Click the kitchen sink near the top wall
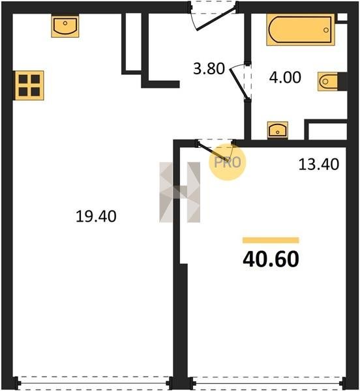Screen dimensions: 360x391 pos(65,26)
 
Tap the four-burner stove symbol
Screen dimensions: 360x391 pos(29,85)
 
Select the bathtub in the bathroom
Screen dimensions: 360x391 pos(301,30)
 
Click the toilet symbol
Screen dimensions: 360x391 pos(328,81)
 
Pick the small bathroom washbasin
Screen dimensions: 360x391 pos(277,130)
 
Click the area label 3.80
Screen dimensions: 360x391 pos(209,69)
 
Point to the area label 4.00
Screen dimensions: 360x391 pos(285,78)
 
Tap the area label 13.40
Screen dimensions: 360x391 pos(318,164)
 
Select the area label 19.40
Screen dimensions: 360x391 pos(96,216)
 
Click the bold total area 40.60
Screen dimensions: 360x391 pos(271,259)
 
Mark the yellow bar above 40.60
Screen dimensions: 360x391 pos(271,240)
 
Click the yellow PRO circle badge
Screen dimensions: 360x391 pos(227,162)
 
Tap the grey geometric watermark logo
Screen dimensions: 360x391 pos(179,192)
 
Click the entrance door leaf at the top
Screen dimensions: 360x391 pos(216,20)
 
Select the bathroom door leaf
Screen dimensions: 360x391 pos(239,83)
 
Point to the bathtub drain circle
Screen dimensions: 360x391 pos(326,30)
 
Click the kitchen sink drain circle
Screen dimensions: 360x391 pos(65,23)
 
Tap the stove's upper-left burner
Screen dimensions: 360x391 pos(23,79)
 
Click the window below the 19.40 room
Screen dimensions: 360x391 pos(93,383)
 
